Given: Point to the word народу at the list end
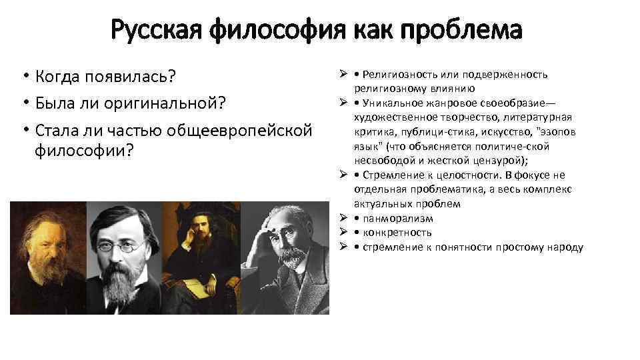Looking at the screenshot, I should click(x=567, y=247).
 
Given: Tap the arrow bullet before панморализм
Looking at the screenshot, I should click(x=341, y=218).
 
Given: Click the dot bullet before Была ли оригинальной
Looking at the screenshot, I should click(x=24, y=104).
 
